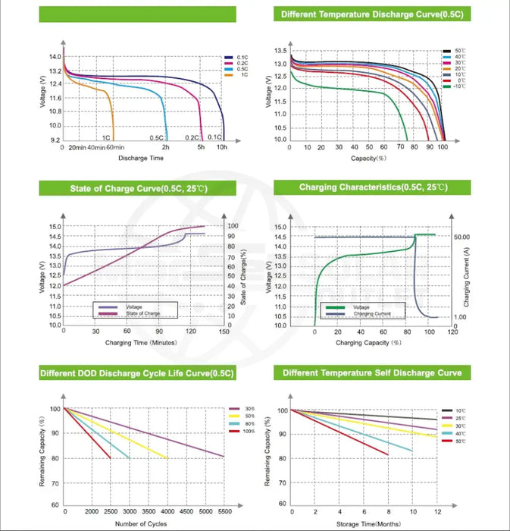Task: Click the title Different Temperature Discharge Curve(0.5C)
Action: (371, 14)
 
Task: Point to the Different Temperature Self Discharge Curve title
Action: (372, 372)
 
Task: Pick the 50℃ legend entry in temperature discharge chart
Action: (459, 51)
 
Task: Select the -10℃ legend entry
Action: (458, 87)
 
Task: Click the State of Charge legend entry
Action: (144, 313)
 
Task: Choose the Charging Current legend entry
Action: (371, 313)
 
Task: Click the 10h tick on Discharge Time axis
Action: (221, 147)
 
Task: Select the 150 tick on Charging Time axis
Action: (224, 331)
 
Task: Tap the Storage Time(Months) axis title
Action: (364, 523)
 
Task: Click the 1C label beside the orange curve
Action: (107, 137)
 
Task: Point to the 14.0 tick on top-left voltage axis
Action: (55, 57)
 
